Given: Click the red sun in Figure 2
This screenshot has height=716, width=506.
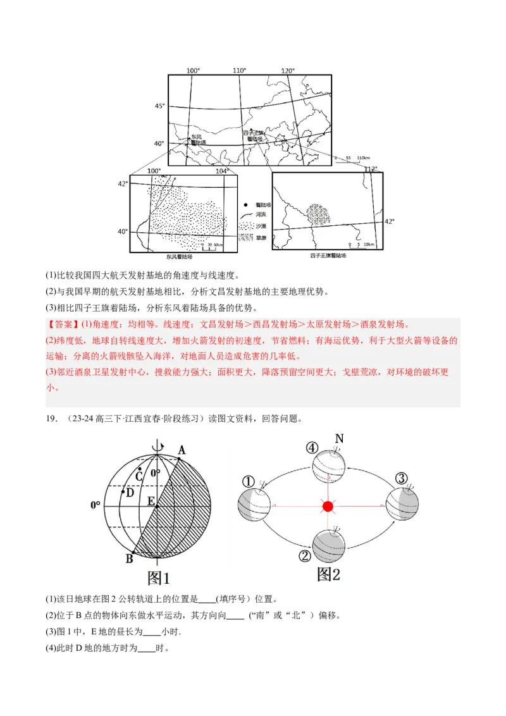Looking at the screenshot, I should tap(328, 506).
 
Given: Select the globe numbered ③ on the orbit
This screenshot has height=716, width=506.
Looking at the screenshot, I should tap(402, 504).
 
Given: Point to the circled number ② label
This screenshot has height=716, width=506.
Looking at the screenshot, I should tap(305, 556).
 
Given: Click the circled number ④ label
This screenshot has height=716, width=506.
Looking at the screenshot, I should tap(311, 448).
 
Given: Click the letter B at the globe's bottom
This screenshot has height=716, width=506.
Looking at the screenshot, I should tap(129, 559).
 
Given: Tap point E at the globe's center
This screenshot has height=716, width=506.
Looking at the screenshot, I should tap(151, 502).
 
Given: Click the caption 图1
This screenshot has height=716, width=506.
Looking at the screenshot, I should tap(158, 577).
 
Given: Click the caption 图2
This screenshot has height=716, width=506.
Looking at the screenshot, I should tap(328, 574).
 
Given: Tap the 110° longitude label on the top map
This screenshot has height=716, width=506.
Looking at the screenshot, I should tap(239, 71).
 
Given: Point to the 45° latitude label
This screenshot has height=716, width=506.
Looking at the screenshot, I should tap(159, 106).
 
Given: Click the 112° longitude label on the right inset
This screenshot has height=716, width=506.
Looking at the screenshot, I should tap(370, 169).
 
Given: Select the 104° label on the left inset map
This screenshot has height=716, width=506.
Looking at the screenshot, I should tap(220, 171).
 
